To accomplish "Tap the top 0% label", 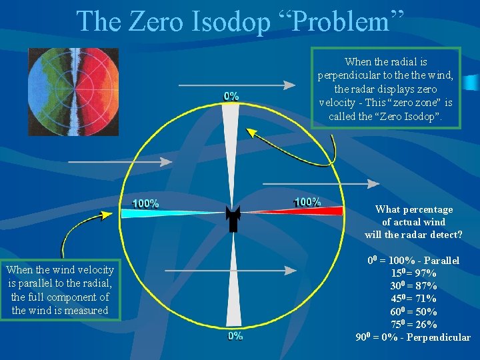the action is tap(231, 96).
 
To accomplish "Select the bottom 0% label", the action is tap(235, 337).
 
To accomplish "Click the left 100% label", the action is tap(146, 203).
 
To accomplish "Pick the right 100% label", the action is tap(307, 201).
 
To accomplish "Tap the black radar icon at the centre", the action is tap(233, 218).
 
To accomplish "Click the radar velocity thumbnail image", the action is tap(73, 91).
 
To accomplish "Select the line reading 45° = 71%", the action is tap(413, 299).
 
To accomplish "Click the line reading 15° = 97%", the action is tap(413, 273).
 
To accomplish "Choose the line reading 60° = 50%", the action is tap(413, 311).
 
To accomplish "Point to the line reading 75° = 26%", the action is tap(413, 325).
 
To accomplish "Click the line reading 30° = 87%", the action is tap(413, 286).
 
